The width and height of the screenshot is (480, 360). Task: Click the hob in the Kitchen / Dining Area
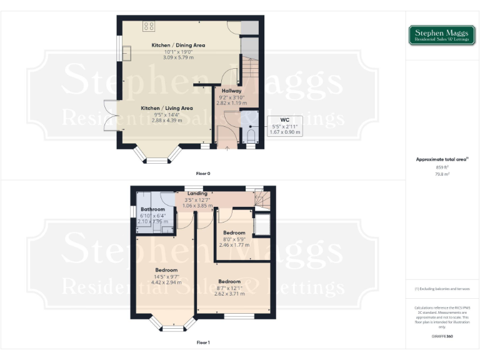pyautogui.click(x=149, y=26)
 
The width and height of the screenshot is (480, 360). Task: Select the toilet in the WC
pyautogui.click(x=251, y=136)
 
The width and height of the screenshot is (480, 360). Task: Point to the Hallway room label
pyautogui.click(x=231, y=91)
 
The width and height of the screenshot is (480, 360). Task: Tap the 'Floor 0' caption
pyautogui.click(x=203, y=172)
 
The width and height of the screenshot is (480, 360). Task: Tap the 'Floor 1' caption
pyautogui.click(x=203, y=342)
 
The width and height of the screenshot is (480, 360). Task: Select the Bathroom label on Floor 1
pyautogui.click(x=152, y=209)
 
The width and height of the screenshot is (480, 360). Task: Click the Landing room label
pyautogui.click(x=197, y=194)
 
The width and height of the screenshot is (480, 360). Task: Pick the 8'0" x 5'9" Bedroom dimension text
pyautogui.click(x=234, y=239)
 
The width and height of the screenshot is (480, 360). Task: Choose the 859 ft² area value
pyautogui.click(x=442, y=167)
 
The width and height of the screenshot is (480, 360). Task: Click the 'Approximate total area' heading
pyautogui.click(x=441, y=159)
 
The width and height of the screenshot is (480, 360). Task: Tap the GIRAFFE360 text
pyautogui.click(x=442, y=336)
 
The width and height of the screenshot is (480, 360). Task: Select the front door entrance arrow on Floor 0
pyautogui.click(x=226, y=147)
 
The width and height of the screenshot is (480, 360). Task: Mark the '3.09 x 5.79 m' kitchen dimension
pyautogui.click(x=178, y=57)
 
